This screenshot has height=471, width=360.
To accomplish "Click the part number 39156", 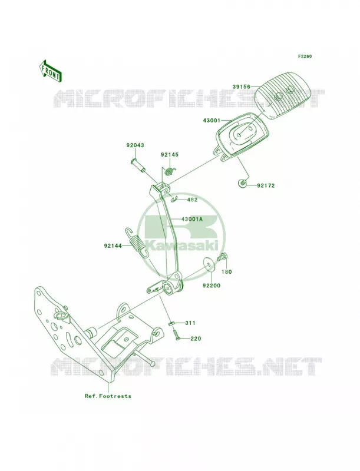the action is click(242, 87).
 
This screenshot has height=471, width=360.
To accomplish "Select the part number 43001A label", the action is click(192, 219).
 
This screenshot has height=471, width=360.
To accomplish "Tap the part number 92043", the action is click(135, 145).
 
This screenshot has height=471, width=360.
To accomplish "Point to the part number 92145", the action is click(170, 155).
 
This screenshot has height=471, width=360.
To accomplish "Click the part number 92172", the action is click(266, 185).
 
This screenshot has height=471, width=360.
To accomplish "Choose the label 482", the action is click(192, 200).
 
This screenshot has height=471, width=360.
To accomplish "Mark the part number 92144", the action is click(113, 246).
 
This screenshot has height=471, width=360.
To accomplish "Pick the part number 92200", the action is click(212, 286).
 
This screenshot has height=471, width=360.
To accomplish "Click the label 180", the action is click(227, 272).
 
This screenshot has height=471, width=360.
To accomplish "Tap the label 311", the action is click(190, 323).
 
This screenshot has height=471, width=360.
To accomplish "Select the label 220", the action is click(196, 339).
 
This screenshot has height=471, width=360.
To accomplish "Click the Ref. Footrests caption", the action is click(108, 396).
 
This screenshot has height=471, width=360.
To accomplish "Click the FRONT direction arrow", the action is click(50, 71).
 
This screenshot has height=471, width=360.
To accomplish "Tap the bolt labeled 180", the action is click(223, 258).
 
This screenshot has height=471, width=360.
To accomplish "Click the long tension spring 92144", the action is click(137, 243).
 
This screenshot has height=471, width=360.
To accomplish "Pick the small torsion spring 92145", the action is click(170, 171).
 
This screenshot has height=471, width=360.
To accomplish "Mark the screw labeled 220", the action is click(176, 334).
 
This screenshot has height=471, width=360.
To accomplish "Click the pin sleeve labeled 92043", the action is click(138, 165).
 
